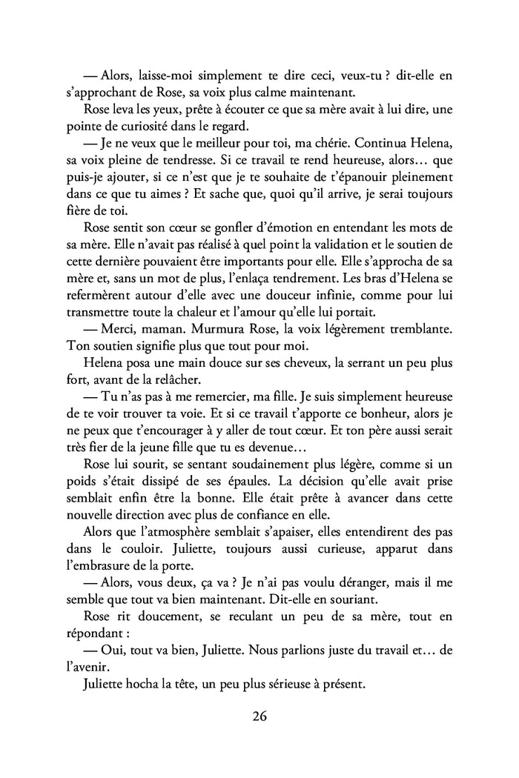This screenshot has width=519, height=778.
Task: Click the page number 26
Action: click(259, 717)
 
